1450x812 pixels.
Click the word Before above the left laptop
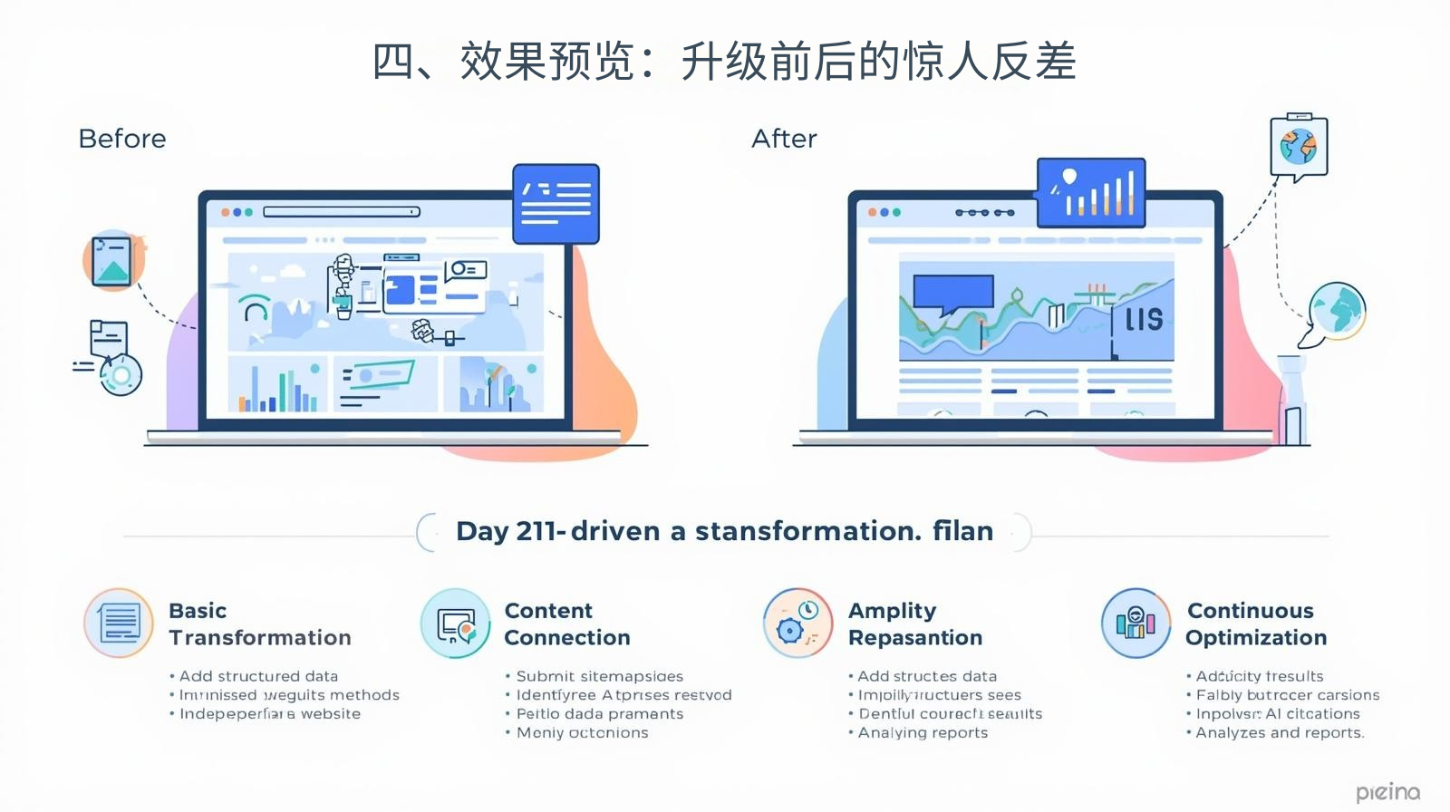coord(122,139)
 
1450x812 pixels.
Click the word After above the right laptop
coord(784,139)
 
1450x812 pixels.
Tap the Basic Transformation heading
coord(259,623)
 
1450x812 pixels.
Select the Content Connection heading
coord(566,623)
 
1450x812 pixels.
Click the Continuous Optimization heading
coord(1255,623)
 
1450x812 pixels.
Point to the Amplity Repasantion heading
coord(914,623)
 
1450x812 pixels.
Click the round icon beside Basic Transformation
coord(119,623)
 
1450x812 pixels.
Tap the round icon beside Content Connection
coord(456,623)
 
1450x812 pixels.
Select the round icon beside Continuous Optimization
coord(1136,623)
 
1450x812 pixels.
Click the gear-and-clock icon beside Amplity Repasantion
coord(797,623)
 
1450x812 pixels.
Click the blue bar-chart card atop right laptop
coord(1091,192)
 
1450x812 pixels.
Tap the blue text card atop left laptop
coord(556,204)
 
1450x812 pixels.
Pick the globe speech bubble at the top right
coord(1299,147)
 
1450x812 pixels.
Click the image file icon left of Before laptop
coord(114,260)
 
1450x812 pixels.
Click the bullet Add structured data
coord(257,676)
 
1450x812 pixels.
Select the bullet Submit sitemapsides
coord(599,676)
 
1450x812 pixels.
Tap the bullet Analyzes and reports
coord(1279,732)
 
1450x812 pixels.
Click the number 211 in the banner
coord(536,531)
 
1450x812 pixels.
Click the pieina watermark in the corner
coord(1387,792)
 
